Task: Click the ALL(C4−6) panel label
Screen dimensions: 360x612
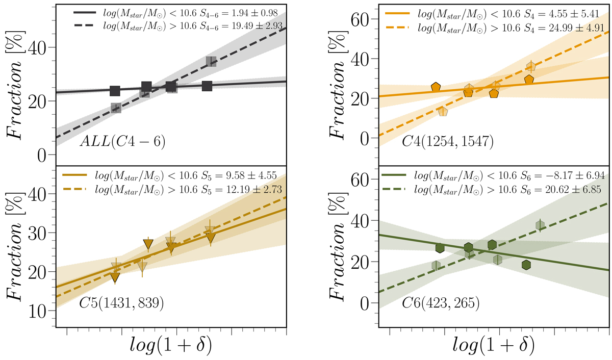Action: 117,141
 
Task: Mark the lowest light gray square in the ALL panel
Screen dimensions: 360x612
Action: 116,108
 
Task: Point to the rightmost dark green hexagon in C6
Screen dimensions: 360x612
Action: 526,265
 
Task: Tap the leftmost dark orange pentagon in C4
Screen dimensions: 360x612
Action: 436,87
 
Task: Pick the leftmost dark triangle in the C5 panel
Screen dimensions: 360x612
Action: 115,277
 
